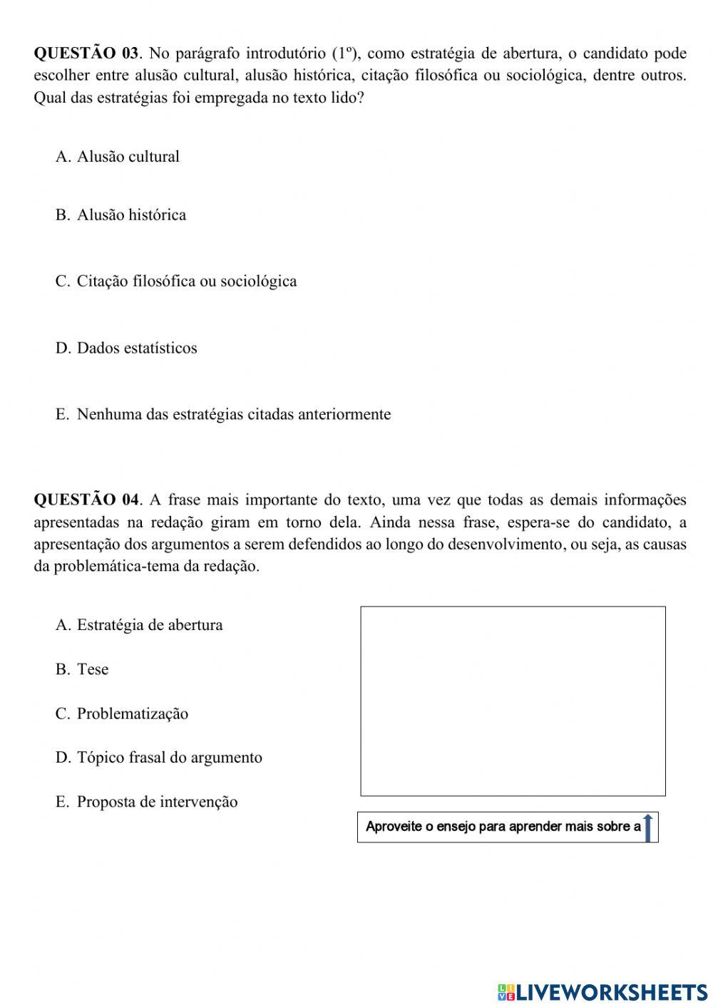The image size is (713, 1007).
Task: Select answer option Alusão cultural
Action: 128,157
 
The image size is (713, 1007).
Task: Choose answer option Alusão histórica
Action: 131,215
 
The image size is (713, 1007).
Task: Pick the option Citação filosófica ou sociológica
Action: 186,282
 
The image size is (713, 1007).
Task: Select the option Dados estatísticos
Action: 136,348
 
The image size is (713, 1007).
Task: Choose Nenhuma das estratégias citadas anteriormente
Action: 233,415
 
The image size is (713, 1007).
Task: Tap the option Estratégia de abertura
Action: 149,625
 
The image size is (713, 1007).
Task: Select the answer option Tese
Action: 93,669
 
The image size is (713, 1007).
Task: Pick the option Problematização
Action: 132,714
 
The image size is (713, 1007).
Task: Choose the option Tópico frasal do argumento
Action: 169,758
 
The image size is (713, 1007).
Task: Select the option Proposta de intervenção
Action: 157,802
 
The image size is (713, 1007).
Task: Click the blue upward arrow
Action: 647,827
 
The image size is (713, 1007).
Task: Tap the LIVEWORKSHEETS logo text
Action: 611,991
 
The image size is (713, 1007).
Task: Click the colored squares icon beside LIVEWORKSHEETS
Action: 506,991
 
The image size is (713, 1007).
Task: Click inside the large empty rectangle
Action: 513,701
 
